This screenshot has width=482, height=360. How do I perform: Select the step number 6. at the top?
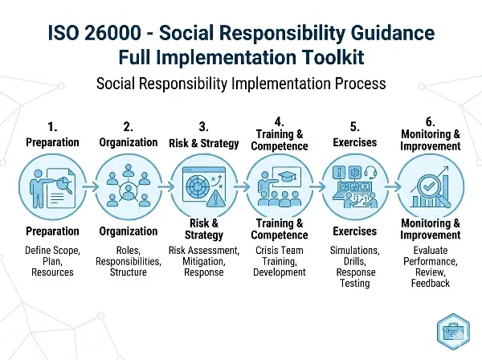click(x=431, y=121)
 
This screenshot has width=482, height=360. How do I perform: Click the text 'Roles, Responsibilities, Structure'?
click(x=127, y=261)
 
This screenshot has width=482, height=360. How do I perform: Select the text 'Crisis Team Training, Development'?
click(x=280, y=261)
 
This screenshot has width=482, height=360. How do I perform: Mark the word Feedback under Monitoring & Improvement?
click(x=431, y=284)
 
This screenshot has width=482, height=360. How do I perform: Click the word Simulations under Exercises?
click(x=355, y=251)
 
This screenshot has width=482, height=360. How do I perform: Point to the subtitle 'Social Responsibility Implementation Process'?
click(x=240, y=83)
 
